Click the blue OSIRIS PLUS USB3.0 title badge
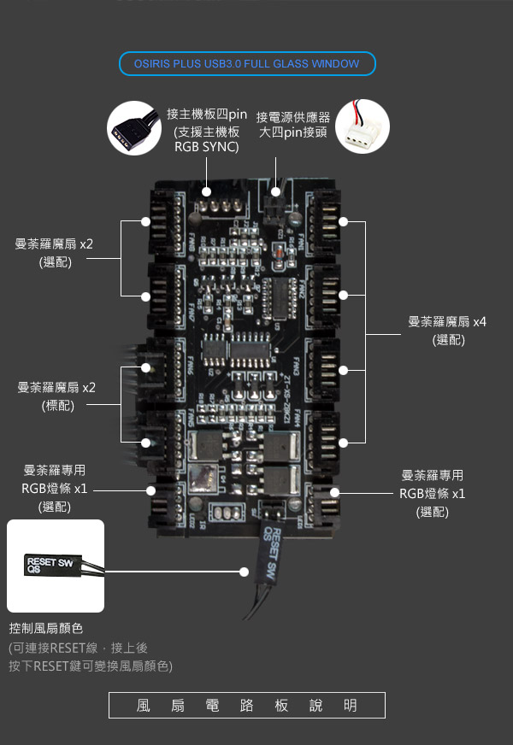(x=247, y=64)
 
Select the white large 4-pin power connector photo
(x=363, y=126)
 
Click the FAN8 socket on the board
(x=162, y=221)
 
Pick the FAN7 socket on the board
(x=162, y=296)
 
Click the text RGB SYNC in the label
(x=206, y=147)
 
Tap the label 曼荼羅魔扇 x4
(x=446, y=322)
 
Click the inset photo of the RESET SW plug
(x=56, y=566)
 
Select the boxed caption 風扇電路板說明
(x=247, y=706)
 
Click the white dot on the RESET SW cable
(x=245, y=571)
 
